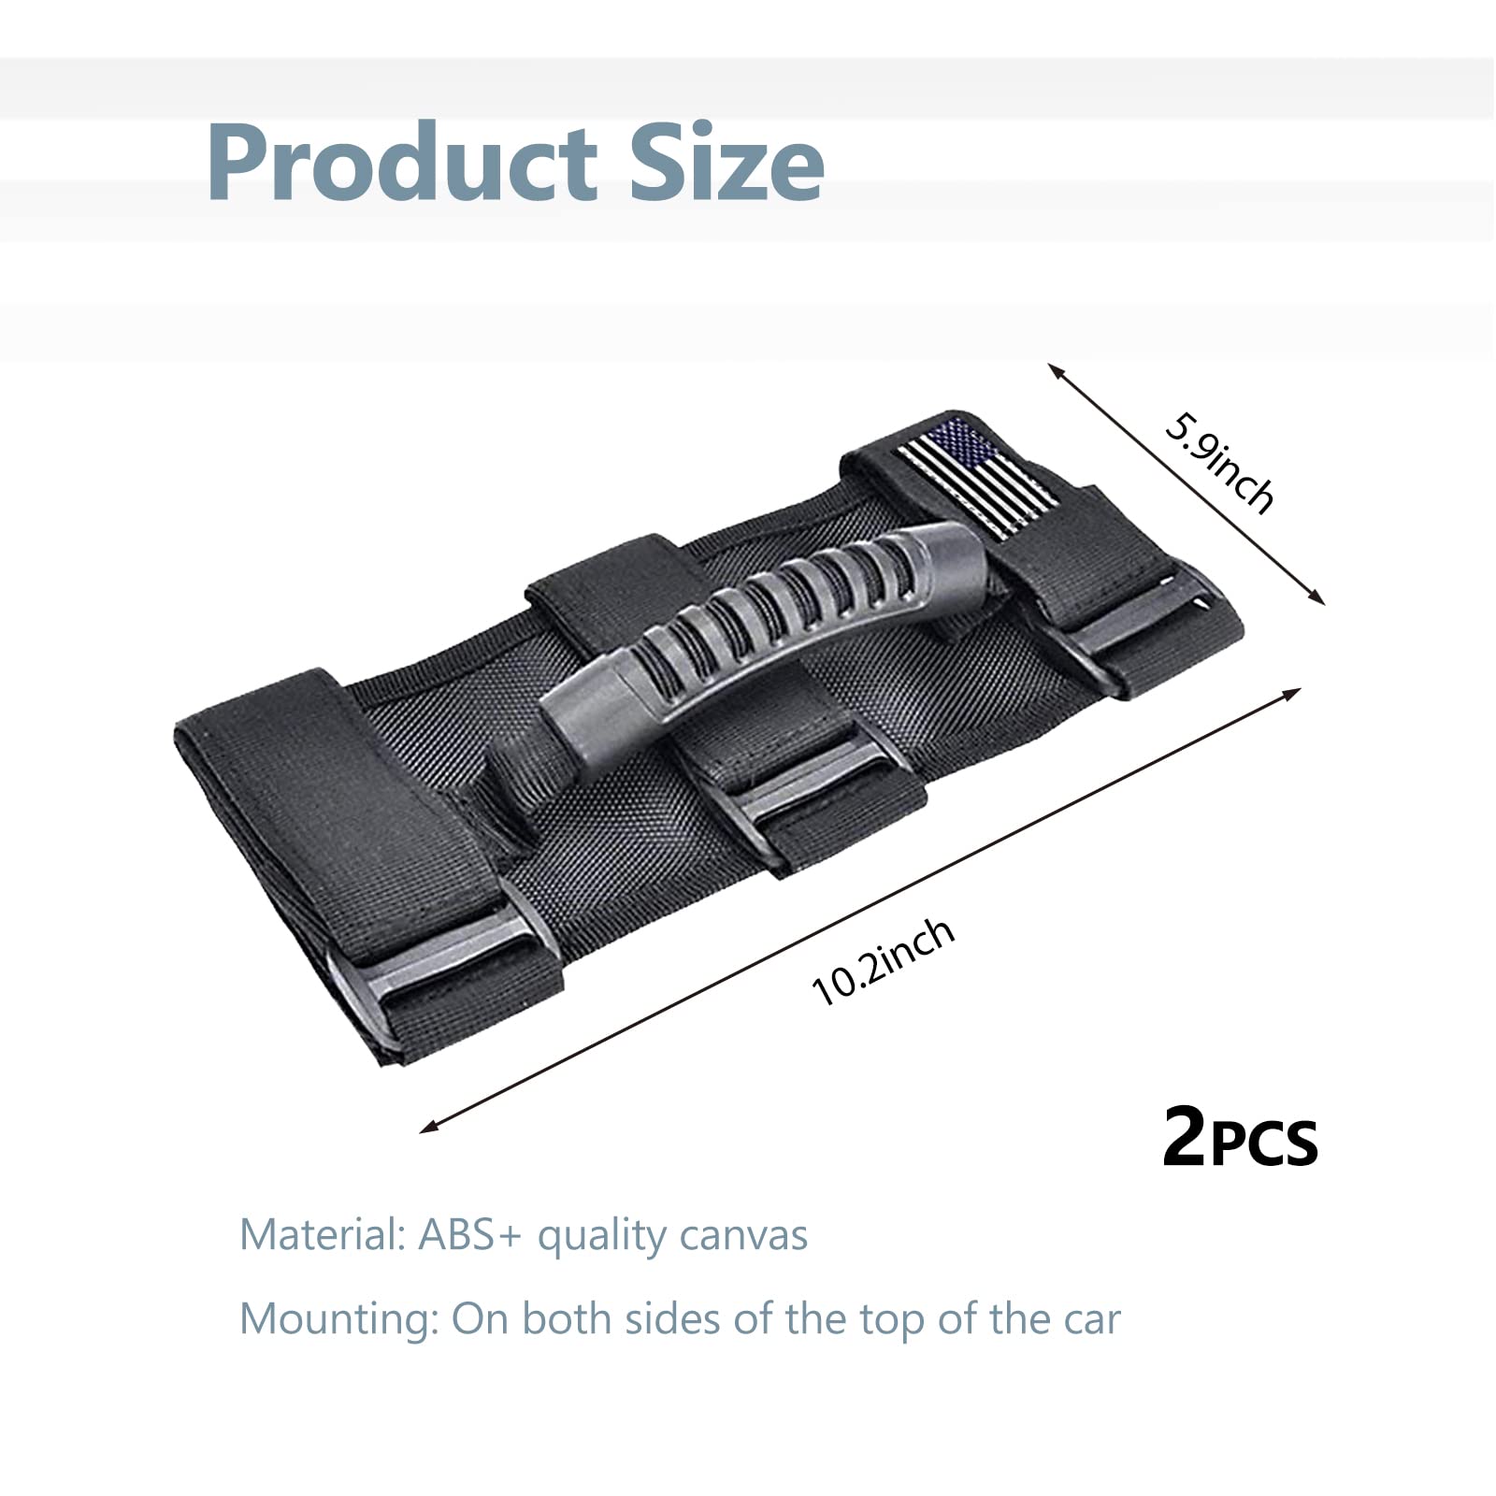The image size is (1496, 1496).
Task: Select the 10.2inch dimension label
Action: [884, 961]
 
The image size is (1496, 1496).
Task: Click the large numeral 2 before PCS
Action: [1185, 1138]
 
